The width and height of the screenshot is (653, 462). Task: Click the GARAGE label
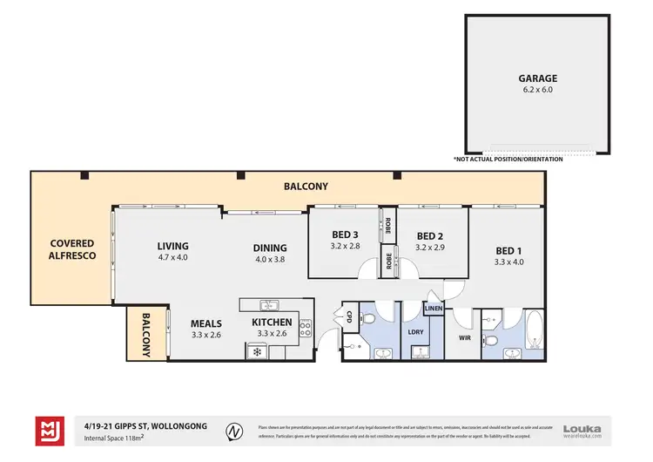coord(537,78)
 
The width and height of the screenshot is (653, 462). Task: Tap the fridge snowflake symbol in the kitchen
coord(258,351)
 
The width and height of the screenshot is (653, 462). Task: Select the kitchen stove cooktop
coord(306,328)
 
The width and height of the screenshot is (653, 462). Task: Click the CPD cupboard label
coord(350,316)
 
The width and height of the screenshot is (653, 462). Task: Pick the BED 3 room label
coord(345,235)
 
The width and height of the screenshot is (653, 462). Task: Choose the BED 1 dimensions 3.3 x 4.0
coord(508,262)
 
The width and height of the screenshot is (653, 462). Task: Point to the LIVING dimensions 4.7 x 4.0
coord(172,257)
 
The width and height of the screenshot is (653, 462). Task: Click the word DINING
coord(270,246)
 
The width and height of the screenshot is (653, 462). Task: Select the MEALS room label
coord(206,323)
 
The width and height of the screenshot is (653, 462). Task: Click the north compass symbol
coord(233,431)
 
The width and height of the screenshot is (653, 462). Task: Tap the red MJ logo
coord(49,431)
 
